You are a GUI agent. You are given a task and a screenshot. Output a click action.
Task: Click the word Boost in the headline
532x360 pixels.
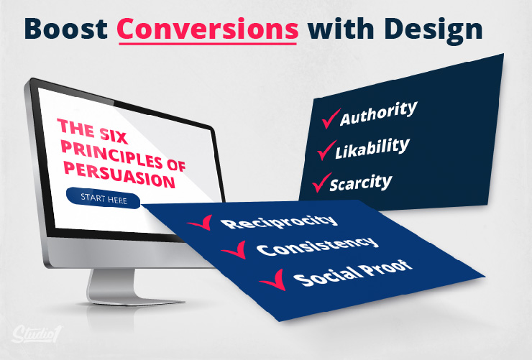(x=66, y=29)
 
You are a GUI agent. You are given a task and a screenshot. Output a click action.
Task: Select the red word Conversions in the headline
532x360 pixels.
(x=208, y=29)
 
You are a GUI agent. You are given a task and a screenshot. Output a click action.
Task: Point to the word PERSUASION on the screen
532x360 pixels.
(x=119, y=175)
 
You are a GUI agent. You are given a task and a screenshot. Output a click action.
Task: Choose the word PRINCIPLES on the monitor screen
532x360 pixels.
(x=112, y=154)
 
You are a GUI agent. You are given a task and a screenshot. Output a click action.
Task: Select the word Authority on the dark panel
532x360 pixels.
(x=379, y=114)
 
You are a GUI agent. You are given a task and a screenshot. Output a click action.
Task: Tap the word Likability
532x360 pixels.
(x=372, y=148)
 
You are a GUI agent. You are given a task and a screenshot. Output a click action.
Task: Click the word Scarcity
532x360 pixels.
(x=361, y=183)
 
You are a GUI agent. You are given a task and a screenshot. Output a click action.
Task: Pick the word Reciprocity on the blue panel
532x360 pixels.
(x=279, y=221)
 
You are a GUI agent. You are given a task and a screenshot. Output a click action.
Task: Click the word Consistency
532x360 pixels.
(x=317, y=246)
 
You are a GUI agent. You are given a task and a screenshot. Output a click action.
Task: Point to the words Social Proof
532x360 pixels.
(x=353, y=274)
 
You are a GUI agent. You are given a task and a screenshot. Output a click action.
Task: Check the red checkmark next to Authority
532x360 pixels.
(x=331, y=119)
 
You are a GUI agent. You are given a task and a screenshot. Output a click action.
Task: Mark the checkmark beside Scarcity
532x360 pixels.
(x=321, y=183)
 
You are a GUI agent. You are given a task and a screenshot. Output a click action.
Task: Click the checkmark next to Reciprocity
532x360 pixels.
(x=201, y=223)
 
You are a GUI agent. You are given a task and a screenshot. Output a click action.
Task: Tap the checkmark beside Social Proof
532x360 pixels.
(x=273, y=280)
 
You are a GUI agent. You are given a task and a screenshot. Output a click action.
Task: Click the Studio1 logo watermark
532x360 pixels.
(x=37, y=334)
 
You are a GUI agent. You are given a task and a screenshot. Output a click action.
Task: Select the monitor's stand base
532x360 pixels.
(x=136, y=300)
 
